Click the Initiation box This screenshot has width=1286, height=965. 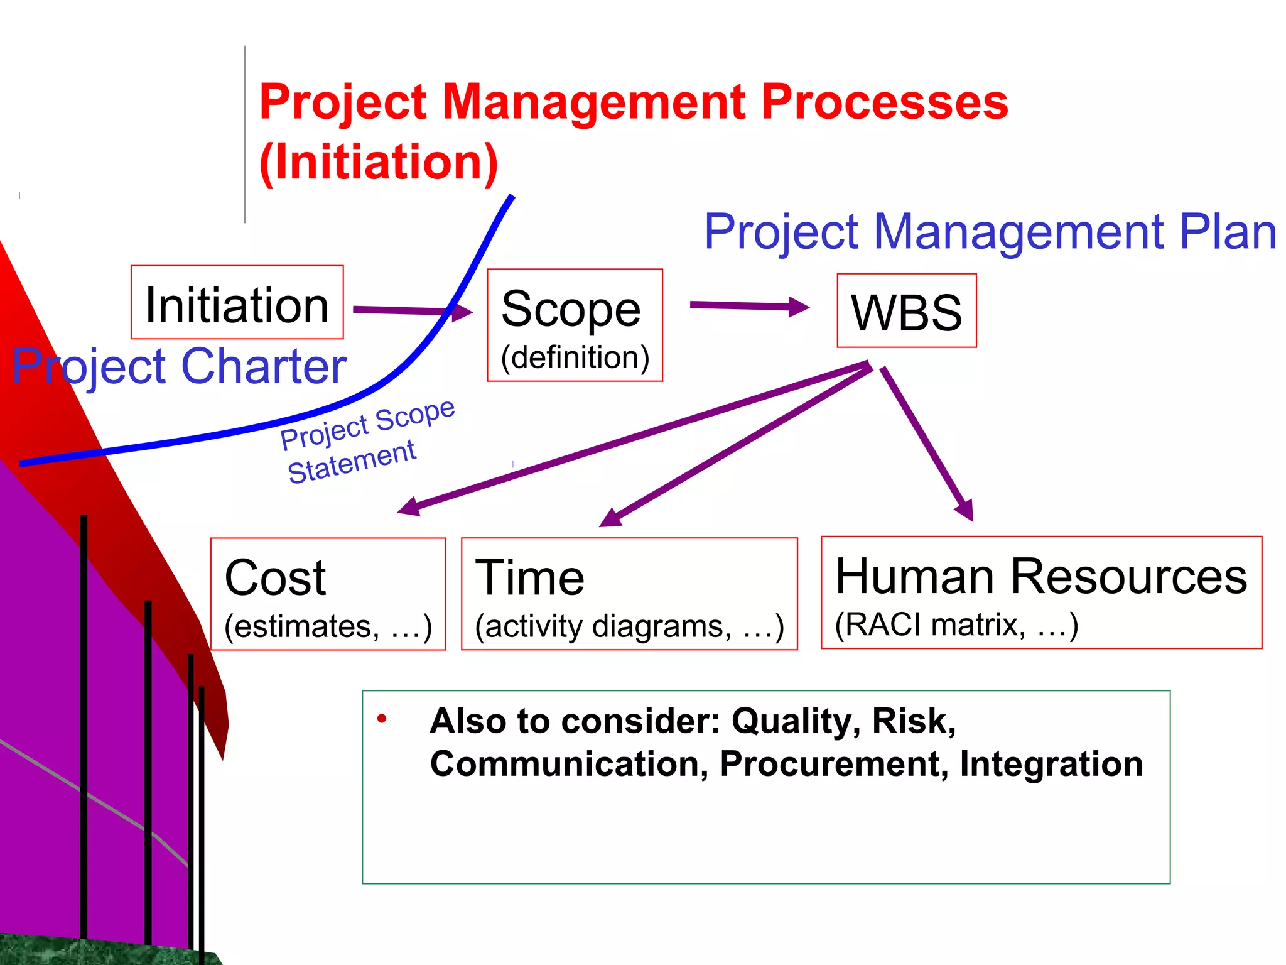[x=237, y=303]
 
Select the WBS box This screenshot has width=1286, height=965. [x=906, y=311]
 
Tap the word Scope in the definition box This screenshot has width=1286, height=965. [x=570, y=309]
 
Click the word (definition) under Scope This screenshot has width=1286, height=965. [x=575, y=357]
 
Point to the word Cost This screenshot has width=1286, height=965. [x=275, y=577]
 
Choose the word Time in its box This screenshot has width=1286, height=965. [x=529, y=577]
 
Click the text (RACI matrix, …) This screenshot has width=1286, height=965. [x=956, y=624]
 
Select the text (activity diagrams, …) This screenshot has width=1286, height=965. [x=629, y=626]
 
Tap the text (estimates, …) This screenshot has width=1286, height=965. [x=328, y=626]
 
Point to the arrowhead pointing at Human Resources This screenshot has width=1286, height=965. [x=965, y=509]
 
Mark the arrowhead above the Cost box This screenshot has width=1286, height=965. [x=409, y=506]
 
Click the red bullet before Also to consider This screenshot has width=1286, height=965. [x=381, y=719]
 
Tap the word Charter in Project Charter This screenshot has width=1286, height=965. [x=264, y=366]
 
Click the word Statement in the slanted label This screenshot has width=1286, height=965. [x=352, y=462]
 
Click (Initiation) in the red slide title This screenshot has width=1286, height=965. [x=379, y=162]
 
